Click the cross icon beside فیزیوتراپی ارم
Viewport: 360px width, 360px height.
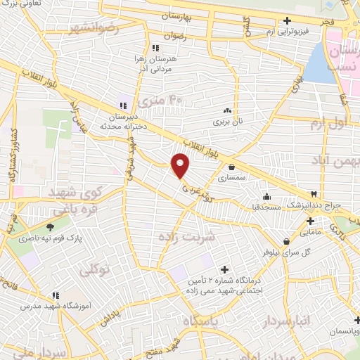pyautogui.click(x=288, y=20)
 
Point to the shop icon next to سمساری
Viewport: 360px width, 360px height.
pyautogui.click(x=231, y=167)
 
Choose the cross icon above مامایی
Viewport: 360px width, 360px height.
pyautogui.click(x=310, y=221)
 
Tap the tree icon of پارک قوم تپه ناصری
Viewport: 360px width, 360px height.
pyautogui.click(x=50, y=226)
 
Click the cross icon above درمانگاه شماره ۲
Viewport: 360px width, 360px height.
pyautogui.click(x=225, y=269)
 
